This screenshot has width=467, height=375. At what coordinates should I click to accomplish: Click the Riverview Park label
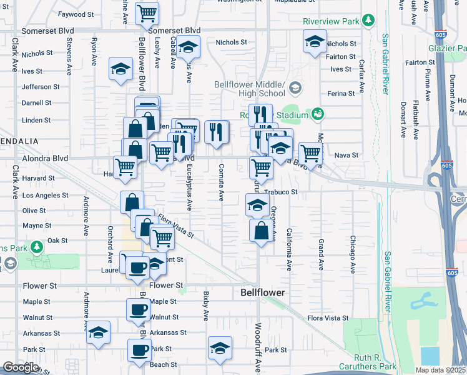(331, 21)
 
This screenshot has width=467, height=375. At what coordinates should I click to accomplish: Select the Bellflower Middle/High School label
(249, 89)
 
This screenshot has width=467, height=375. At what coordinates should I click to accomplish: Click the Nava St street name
(347, 155)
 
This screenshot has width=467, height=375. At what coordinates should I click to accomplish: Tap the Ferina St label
(342, 93)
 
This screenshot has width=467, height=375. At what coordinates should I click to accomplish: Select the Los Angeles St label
(45, 195)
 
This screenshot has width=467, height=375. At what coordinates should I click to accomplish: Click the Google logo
(21, 367)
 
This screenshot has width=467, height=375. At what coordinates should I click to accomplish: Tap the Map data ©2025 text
(440, 370)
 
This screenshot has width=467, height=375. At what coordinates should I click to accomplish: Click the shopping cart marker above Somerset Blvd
(147, 12)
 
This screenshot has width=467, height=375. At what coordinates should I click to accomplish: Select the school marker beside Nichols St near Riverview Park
(315, 42)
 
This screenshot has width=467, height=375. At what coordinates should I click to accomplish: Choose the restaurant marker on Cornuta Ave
(217, 131)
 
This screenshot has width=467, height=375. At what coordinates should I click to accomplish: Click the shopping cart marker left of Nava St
(310, 152)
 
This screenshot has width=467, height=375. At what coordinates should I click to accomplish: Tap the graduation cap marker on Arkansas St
(98, 332)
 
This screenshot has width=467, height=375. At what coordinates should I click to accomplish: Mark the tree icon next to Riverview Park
(369, 21)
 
